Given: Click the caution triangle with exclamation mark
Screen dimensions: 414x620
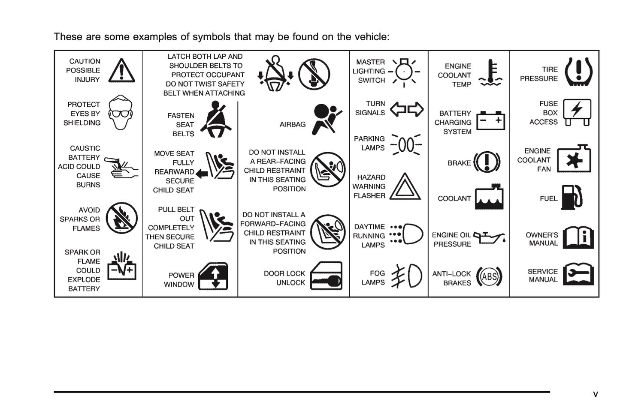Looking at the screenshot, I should pos(121,71).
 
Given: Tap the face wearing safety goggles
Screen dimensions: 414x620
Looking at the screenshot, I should pos(120,113).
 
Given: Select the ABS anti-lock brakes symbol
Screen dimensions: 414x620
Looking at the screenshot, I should pos(489,277).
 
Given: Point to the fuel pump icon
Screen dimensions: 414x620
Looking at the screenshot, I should pos(572,198).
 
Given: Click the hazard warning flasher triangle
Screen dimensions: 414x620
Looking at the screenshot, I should pos(405,187).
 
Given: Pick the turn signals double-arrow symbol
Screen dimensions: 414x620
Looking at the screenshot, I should pos(407,110).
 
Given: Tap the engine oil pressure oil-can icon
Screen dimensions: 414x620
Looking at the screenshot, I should pos(489,238).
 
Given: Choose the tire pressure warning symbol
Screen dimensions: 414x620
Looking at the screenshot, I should pos(578,72).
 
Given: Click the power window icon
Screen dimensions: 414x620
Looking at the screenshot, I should pos(213,276).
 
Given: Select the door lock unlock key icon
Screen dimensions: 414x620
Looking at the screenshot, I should pos(326,276).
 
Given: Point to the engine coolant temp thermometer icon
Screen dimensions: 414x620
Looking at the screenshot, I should pos(490,73).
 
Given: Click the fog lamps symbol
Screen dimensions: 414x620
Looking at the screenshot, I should pos(408,276).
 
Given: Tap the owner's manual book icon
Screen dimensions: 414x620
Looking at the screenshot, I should pos(578,237).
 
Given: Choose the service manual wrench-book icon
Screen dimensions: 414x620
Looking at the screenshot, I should pos(578,274).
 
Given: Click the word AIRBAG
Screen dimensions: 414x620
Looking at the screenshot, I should pos(293,124).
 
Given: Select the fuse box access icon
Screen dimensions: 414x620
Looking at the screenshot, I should pos(577,112).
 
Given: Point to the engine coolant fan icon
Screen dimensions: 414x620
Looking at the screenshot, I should pos(574,159).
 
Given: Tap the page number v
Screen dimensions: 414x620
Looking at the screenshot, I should pos(595,394).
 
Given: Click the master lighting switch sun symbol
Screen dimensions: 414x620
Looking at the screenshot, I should pos(404,72).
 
